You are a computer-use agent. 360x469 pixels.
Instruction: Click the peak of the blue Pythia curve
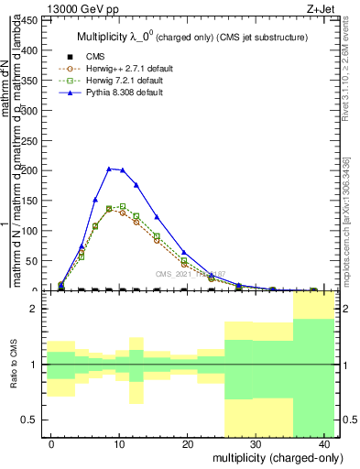click(x=109, y=169)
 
